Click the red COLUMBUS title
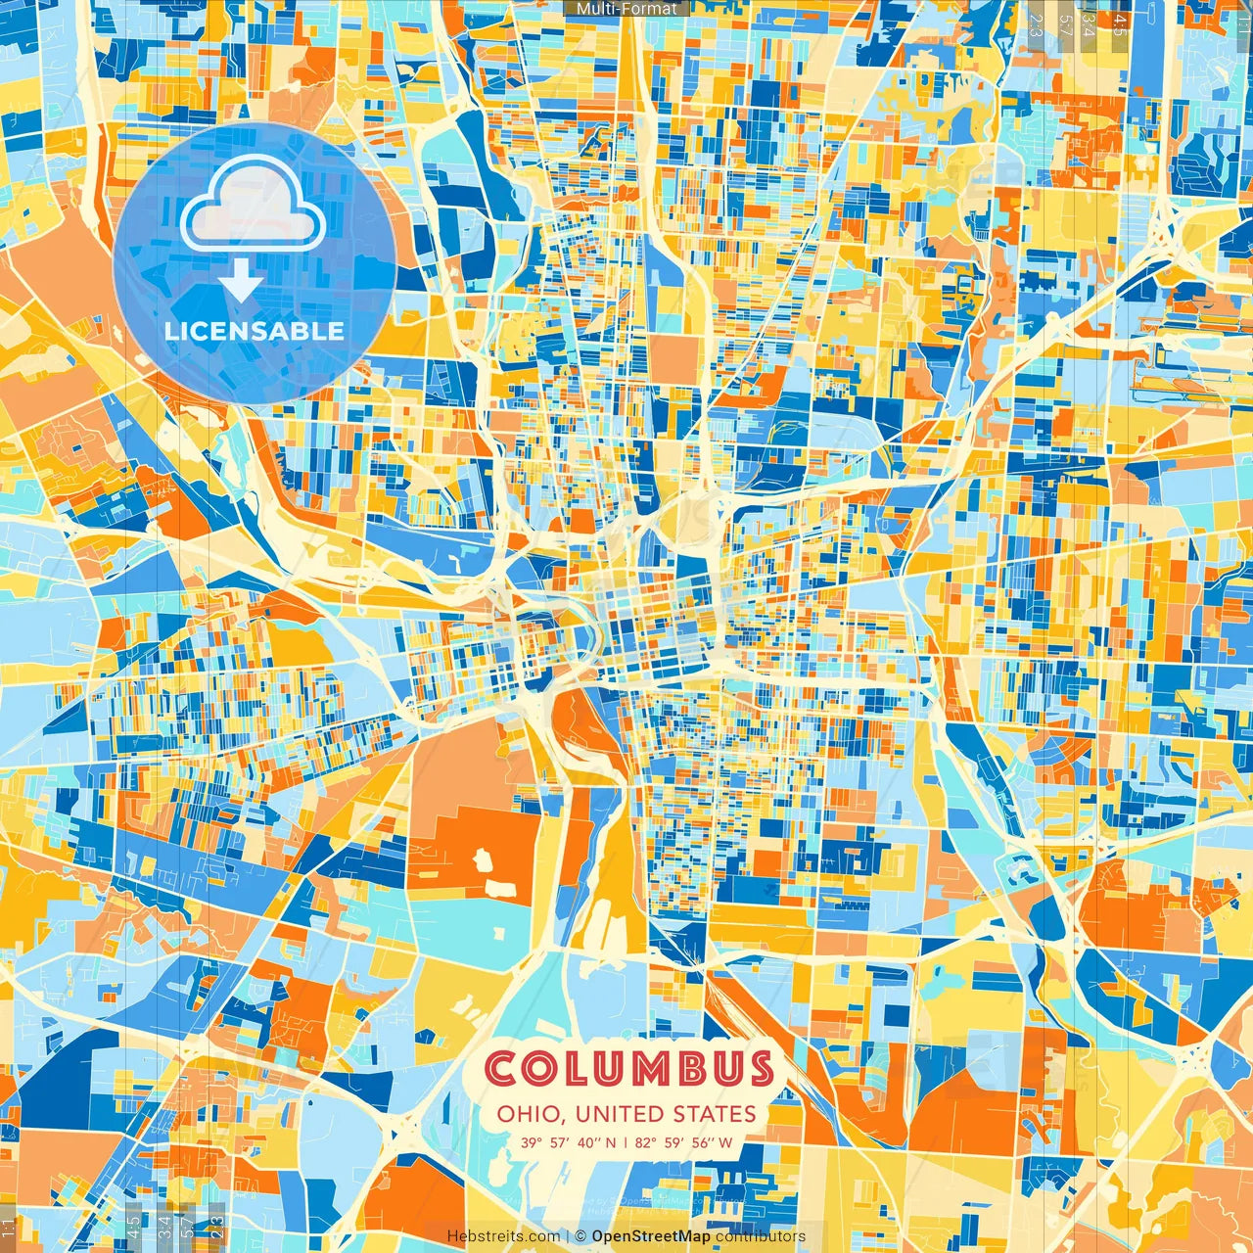click(x=629, y=1069)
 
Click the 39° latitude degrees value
click(x=532, y=1142)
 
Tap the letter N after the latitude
click(x=611, y=1142)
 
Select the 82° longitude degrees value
click(x=646, y=1142)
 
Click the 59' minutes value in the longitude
click(x=676, y=1142)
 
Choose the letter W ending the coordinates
click(x=725, y=1142)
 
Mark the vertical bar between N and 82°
click(x=626, y=1142)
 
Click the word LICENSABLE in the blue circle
click(x=255, y=331)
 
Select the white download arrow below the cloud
click(x=240, y=282)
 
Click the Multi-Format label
click(x=626, y=9)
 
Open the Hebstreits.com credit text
click(x=504, y=1236)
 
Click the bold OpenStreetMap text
click(x=651, y=1236)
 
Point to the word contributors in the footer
click(x=761, y=1236)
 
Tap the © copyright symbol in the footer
click(x=580, y=1236)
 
